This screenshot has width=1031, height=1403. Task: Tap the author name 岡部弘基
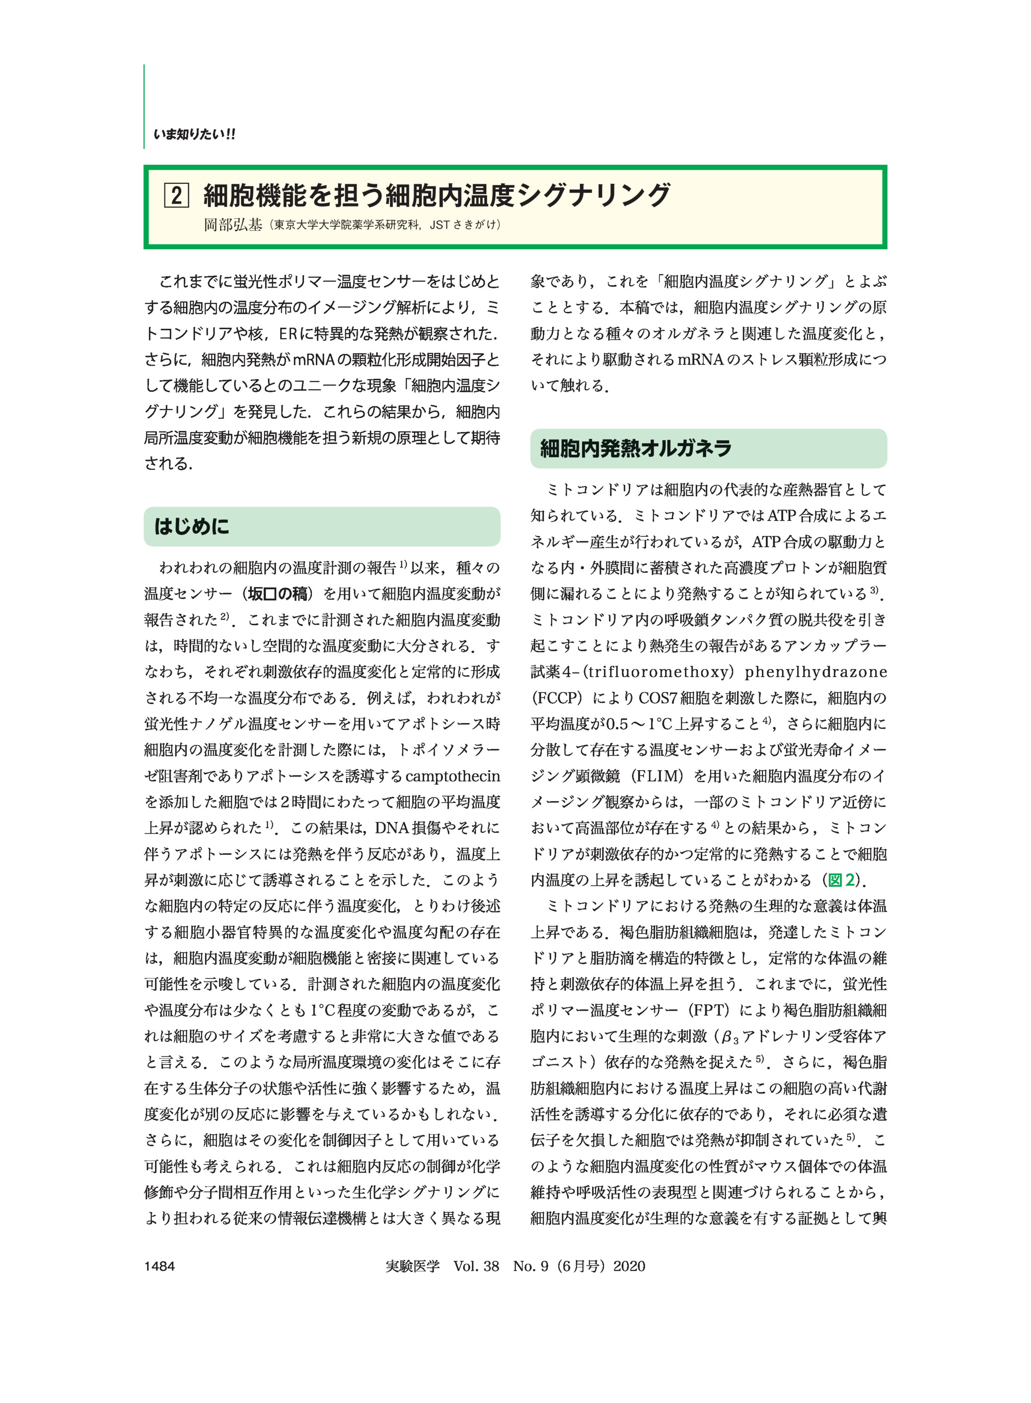point(233,224)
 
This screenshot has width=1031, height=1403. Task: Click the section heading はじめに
point(192,526)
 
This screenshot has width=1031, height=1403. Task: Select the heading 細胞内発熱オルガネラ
point(635,448)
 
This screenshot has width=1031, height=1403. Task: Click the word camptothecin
point(452,776)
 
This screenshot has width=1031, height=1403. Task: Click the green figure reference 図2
point(841,881)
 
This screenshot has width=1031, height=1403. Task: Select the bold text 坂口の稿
point(278,594)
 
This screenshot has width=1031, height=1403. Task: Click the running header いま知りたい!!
point(195,134)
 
